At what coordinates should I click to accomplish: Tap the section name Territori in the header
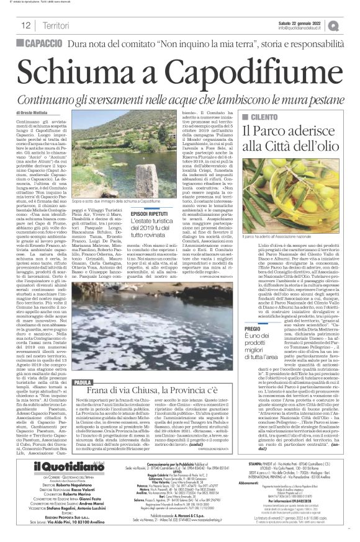point(55,25)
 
